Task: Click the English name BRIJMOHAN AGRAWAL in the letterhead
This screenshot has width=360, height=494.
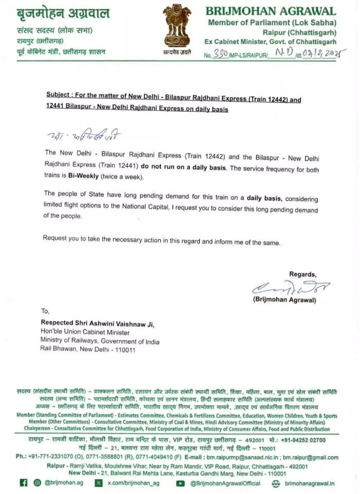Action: pyautogui.click(x=271, y=11)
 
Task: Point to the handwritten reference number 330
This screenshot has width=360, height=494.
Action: pyautogui.click(x=219, y=54)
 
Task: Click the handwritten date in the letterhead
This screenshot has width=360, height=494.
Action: pyautogui.click(x=325, y=53)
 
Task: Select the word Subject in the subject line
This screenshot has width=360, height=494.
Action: pyautogui.click(x=57, y=95)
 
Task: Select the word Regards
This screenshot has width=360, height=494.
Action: pyautogui.click(x=302, y=274)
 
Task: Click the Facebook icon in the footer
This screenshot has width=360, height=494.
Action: pyautogui.click(x=23, y=483)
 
